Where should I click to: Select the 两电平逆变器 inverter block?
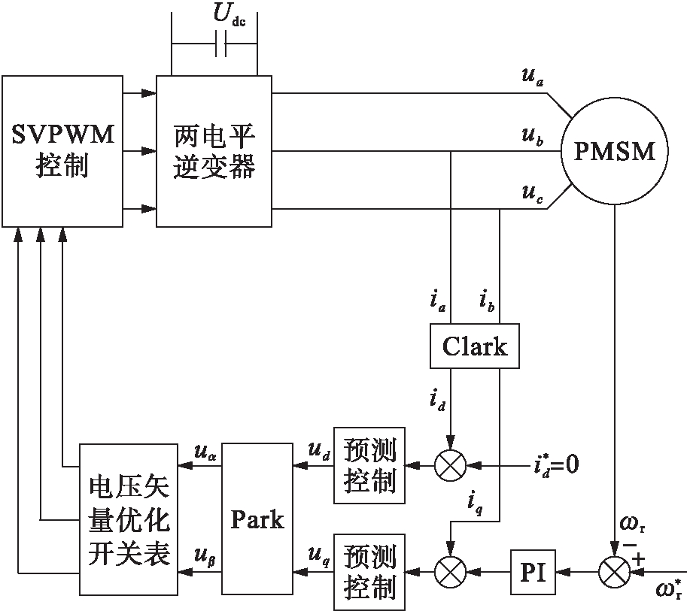[214, 151]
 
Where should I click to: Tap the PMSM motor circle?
[616, 151]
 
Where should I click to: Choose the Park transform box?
[257, 519]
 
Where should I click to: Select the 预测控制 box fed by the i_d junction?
[369, 466]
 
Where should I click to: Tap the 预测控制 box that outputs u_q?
[369, 571]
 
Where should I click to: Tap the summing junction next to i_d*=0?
[451, 466]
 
